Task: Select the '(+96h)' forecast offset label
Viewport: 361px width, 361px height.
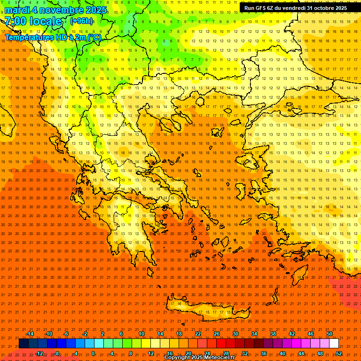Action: [81, 21]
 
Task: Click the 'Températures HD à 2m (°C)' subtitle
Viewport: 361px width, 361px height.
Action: [53, 37]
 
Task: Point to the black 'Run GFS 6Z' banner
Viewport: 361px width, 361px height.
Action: [296, 8]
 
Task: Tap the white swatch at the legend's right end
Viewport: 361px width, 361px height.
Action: [334, 344]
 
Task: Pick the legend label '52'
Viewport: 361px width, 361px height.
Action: [339, 353]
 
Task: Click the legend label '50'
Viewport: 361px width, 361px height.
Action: [329, 334]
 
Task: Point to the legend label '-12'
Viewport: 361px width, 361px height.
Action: [39, 353]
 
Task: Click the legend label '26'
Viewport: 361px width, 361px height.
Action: [217, 334]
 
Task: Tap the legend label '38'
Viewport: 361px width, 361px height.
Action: [273, 334]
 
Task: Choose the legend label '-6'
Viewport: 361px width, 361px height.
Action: [66, 334]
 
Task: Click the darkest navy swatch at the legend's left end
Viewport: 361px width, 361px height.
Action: [24, 344]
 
